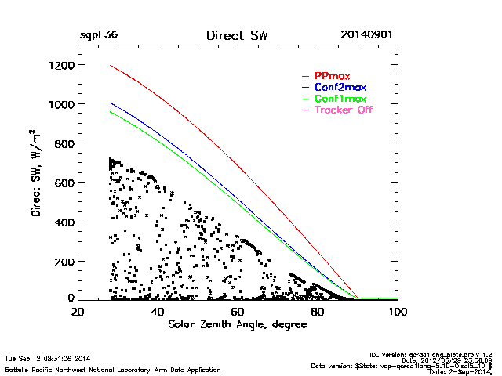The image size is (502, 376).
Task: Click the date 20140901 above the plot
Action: point(367,36)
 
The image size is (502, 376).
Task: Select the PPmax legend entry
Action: point(333,75)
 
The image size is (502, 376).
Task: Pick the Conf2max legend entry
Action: point(340,87)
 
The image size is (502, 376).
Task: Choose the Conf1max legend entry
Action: point(340,99)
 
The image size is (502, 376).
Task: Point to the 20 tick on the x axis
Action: point(78,312)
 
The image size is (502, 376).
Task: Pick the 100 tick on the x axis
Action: point(397,312)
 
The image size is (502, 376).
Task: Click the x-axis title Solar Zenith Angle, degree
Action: point(235,324)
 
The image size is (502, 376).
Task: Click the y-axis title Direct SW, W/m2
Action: point(35,173)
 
